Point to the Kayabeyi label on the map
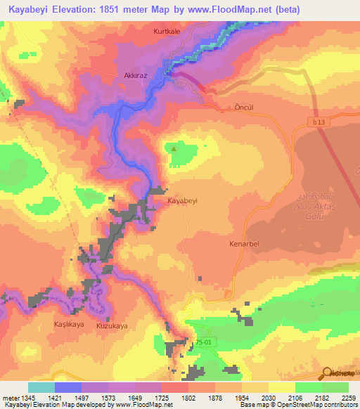(x=182, y=200)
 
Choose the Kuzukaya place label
(x=111, y=326)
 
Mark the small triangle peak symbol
(x=174, y=148)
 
